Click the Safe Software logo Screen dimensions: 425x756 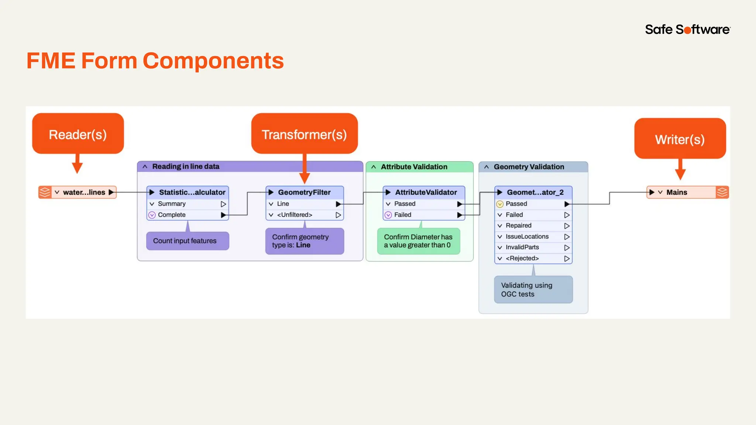(687, 30)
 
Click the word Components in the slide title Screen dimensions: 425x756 (213, 61)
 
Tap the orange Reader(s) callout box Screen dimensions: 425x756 (78, 134)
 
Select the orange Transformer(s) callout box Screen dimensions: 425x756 (304, 134)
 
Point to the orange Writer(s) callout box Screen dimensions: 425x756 (680, 139)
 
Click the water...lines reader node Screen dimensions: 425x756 (83, 192)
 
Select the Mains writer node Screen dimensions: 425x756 (676, 192)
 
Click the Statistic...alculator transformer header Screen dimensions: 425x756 (192, 192)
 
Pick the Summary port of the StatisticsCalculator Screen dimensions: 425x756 (172, 204)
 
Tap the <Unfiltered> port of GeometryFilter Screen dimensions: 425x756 (294, 215)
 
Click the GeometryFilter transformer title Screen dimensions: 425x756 (304, 192)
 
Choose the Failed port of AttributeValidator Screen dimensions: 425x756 (402, 215)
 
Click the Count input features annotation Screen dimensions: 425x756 (185, 241)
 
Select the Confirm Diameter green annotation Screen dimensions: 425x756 (418, 241)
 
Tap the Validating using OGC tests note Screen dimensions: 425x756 (526, 290)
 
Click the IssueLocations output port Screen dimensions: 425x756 (527, 236)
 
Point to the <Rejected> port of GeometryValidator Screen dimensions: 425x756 (522, 258)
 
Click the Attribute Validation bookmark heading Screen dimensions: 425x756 (414, 167)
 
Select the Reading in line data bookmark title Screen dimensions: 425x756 (186, 166)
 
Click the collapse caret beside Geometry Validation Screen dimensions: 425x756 (487, 167)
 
